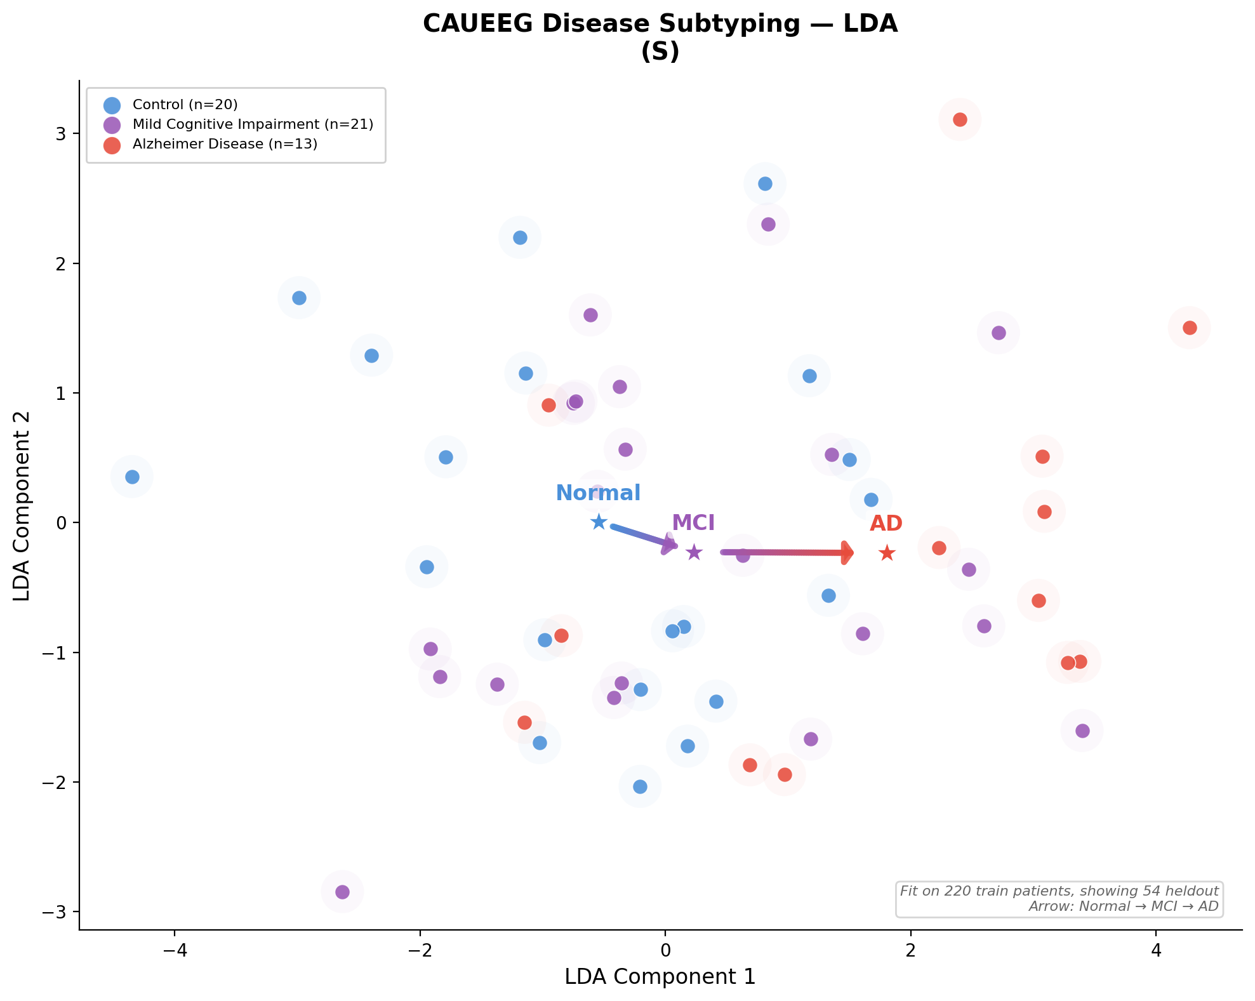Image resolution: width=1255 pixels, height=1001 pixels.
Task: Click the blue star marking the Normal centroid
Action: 599,522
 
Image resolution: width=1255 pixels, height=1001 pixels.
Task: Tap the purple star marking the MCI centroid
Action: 694,552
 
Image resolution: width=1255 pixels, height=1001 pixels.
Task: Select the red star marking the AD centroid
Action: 887,554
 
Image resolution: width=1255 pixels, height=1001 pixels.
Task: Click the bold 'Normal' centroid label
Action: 598,493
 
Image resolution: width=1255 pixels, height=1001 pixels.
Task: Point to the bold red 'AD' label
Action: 886,524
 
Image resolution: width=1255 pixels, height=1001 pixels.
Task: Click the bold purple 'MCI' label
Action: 693,523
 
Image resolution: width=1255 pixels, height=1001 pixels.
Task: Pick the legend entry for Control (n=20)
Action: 185,105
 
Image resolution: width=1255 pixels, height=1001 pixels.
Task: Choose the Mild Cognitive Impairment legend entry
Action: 253,124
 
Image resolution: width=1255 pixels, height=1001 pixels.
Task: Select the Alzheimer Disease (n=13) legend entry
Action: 225,144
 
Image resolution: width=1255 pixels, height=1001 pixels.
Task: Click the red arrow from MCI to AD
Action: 787,553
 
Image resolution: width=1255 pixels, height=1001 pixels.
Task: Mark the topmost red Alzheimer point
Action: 960,119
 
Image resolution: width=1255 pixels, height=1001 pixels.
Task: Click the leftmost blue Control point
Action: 132,477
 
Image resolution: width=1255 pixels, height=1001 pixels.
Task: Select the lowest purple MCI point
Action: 342,892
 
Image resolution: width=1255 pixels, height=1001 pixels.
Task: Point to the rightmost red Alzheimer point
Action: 1190,328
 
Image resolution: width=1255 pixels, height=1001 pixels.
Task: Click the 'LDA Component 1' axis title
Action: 660,977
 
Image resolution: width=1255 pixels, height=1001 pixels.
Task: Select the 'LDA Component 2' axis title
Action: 22,505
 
